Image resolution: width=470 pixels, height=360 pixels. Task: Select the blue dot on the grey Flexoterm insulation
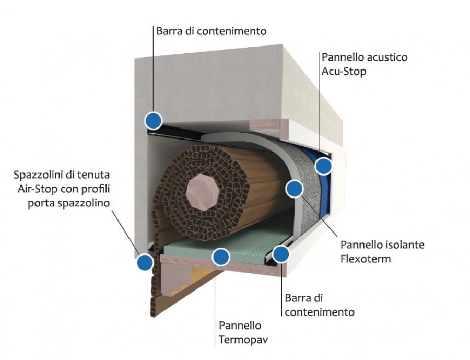[x=295, y=189]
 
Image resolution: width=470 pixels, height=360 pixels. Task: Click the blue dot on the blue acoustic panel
[x=324, y=166]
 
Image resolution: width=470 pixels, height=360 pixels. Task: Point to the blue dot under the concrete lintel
[x=152, y=121]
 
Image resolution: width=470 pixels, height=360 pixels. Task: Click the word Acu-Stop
[x=344, y=71]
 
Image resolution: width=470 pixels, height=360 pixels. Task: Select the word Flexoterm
[x=366, y=258]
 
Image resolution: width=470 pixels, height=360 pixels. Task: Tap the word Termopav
[x=241, y=340]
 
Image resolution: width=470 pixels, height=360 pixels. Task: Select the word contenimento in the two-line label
[x=320, y=312]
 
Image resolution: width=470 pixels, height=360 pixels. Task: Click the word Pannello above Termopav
[x=240, y=326]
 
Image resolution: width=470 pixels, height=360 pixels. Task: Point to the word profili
[x=96, y=188]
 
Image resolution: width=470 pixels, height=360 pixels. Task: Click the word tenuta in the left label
[x=96, y=174]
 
